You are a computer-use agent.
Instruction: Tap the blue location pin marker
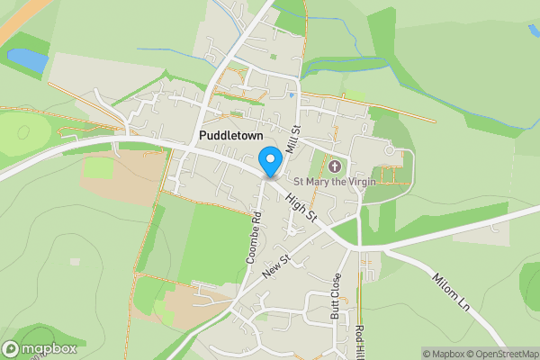269,161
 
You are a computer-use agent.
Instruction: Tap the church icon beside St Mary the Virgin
336,166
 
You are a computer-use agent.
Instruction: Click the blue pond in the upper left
27,59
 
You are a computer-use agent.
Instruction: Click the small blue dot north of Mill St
292,93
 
